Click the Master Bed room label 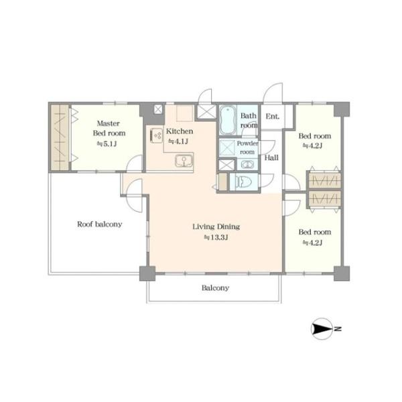(109, 128)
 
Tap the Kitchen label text (180, 131)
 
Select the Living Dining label (216, 226)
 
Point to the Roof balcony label (99, 224)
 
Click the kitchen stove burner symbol (156, 135)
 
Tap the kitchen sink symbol (184, 161)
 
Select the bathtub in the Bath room (228, 120)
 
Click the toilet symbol (244, 182)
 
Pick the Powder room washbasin (247, 164)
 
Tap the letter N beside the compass (338, 329)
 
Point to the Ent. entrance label (272, 117)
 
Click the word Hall (271, 157)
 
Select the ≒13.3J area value (216, 238)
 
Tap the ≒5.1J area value (107, 144)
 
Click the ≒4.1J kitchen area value (178, 141)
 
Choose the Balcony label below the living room (215, 288)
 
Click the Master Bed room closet (60, 137)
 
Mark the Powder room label (247, 147)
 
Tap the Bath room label (249, 121)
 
